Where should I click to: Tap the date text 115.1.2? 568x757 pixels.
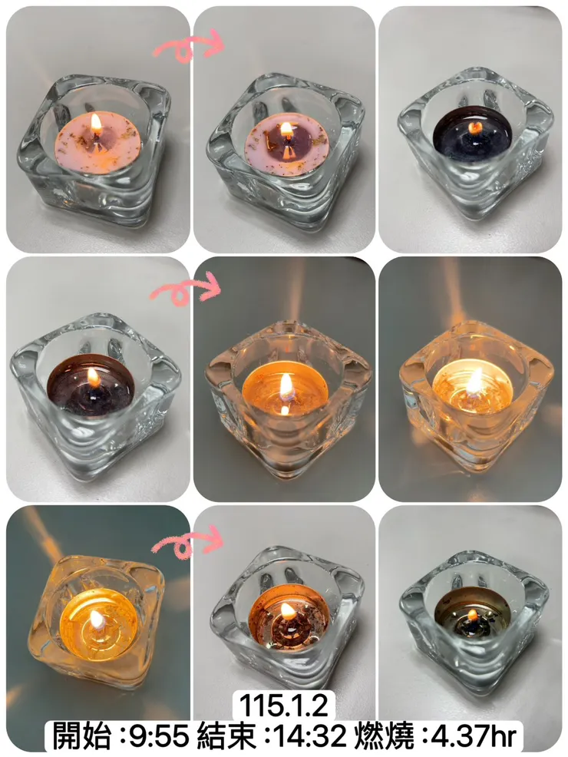click(x=284, y=706)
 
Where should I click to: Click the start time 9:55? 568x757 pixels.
click(x=159, y=736)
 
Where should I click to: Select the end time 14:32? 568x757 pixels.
click(x=309, y=736)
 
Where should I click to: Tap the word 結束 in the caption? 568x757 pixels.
click(x=226, y=736)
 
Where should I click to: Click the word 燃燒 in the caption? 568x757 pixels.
click(x=385, y=736)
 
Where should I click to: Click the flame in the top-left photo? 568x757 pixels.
click(x=96, y=124)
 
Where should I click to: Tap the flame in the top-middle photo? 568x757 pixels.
click(x=286, y=128)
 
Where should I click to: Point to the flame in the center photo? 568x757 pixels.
click(x=286, y=385)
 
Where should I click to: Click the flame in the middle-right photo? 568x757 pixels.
click(x=475, y=382)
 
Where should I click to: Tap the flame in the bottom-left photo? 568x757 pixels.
click(x=97, y=620)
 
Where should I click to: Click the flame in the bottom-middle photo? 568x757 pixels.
click(x=288, y=611)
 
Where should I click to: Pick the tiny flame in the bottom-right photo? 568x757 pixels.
click(x=473, y=614)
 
